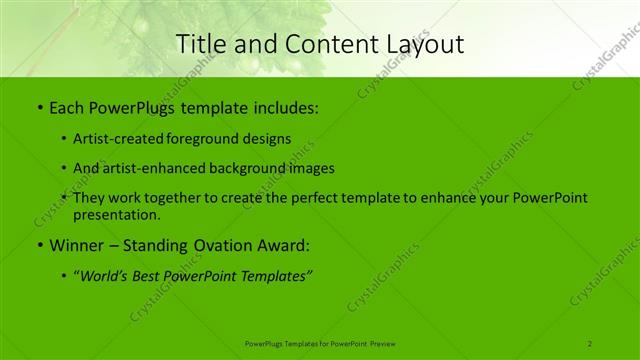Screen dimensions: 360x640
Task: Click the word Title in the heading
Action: [199, 44]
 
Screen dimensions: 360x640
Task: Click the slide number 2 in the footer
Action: [590, 343]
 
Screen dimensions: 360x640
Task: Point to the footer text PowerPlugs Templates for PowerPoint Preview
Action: [320, 343]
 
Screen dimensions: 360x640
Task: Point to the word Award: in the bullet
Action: [283, 244]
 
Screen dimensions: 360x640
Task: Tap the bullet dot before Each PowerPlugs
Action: [39, 106]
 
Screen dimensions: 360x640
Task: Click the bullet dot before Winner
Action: [39, 245]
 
